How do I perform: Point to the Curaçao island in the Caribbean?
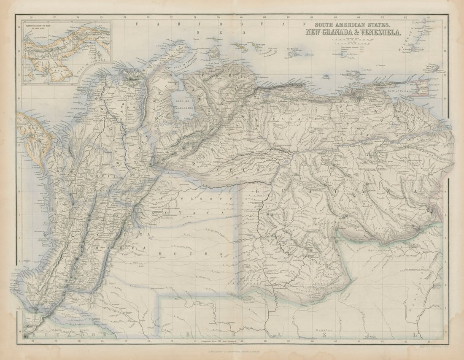pos(242,43)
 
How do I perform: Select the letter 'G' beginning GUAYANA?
pos(258,192)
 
